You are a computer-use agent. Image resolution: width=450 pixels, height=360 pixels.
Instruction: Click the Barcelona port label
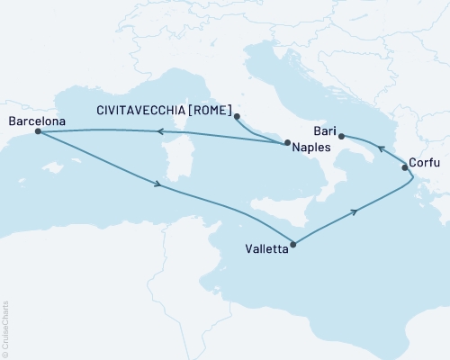point(33,118)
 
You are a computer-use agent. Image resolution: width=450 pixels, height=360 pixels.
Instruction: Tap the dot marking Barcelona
point(38,131)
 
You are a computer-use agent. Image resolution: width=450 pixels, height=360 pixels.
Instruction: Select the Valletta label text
point(268,251)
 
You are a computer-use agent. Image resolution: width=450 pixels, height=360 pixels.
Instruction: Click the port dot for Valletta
point(295,242)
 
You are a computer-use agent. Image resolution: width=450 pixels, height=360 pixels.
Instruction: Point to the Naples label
point(310,147)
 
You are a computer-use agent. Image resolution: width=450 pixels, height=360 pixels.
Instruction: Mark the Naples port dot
point(286,143)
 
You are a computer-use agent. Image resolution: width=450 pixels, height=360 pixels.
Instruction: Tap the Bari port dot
point(341,136)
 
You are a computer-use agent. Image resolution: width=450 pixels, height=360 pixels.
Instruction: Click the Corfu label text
point(425,163)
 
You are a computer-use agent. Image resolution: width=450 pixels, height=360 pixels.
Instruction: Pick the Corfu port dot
point(405,166)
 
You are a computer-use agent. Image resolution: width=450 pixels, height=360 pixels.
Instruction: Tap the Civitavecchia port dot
point(237,116)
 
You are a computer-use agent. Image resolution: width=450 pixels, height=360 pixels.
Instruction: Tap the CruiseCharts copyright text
point(6,328)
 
